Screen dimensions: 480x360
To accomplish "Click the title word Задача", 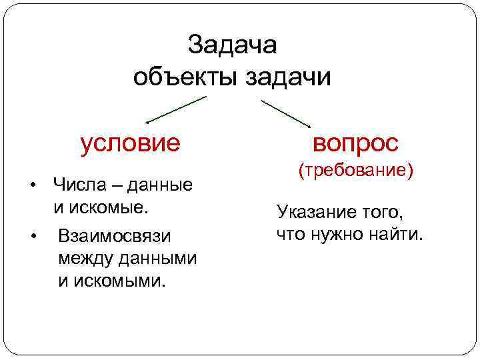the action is click(232, 45).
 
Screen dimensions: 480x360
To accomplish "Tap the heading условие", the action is click(130, 142).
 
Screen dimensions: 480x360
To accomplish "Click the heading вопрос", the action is click(356, 142).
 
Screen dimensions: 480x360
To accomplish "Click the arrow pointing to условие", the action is click(176, 110).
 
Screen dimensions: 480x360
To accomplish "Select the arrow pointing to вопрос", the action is click(285, 113).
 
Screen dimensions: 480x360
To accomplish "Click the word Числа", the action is click(78, 184).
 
